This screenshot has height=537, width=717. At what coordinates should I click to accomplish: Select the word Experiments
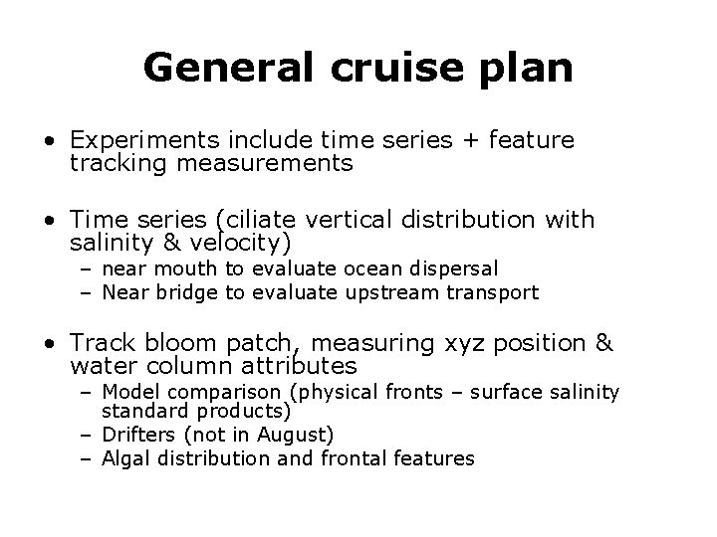140,141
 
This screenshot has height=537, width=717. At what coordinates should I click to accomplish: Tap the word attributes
296,366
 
